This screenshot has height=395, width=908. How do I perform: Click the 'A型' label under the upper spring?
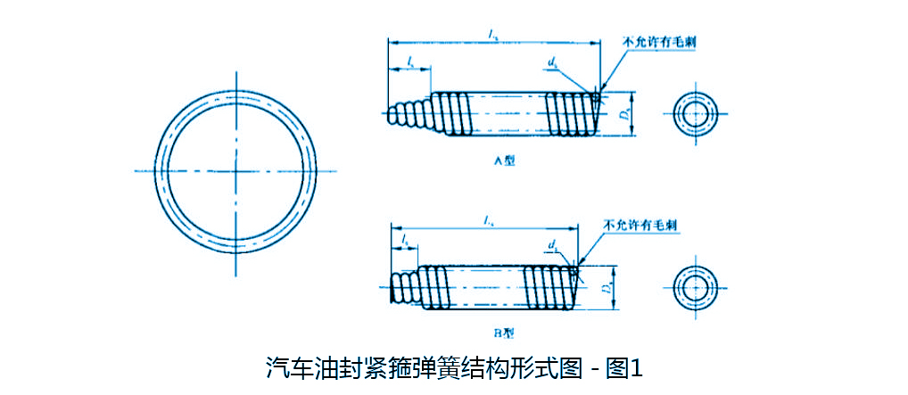pos(505,161)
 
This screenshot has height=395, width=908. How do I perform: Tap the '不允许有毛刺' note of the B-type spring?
pos(640,225)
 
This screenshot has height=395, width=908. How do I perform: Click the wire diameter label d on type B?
pos(554,243)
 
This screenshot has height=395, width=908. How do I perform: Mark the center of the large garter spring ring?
pos(237,169)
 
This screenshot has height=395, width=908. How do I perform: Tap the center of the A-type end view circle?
pos(694,113)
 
